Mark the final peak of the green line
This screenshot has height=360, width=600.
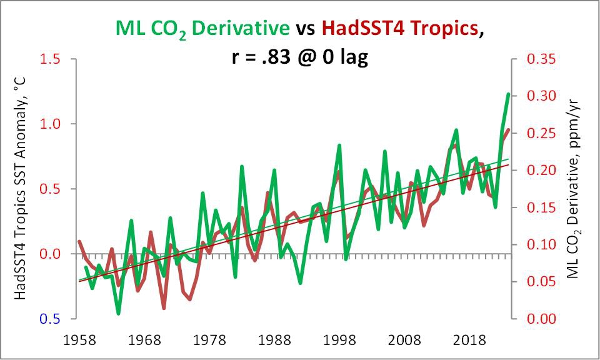(509, 94)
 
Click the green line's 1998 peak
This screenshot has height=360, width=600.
(339, 146)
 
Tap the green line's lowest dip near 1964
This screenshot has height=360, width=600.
(118, 313)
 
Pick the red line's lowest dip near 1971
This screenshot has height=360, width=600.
(164, 308)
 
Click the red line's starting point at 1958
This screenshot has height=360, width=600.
(79, 241)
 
